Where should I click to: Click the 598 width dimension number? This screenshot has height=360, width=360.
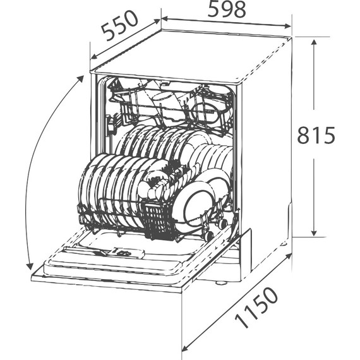click(227, 9)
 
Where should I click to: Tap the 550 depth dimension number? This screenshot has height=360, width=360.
click(120, 25)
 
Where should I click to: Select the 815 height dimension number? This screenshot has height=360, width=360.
click(316, 135)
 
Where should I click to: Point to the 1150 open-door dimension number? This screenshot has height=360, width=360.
click(256, 307)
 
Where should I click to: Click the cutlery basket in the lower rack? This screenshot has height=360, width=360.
click(158, 222)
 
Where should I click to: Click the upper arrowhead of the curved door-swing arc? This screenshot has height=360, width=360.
click(81, 78)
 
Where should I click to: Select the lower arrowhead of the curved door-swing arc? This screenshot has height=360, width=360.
click(29, 266)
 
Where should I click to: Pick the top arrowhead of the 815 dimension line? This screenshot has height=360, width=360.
click(314, 42)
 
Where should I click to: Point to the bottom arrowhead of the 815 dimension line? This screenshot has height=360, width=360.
click(314, 232)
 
